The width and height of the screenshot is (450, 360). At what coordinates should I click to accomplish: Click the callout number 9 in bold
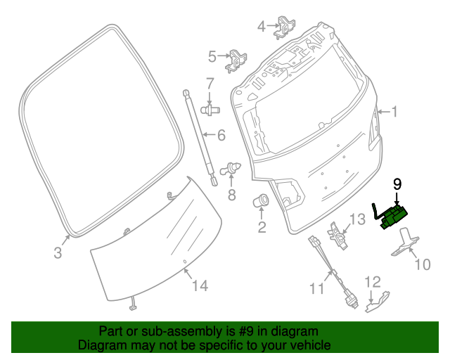point(397,184)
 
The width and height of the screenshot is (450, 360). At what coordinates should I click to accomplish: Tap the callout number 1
point(394,111)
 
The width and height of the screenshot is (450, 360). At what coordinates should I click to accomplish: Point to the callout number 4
point(262,27)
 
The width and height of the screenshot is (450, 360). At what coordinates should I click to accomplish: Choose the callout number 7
point(210,84)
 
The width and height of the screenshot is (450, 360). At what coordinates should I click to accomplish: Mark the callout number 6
point(220,135)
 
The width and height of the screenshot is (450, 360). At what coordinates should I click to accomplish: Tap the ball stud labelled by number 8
point(231,169)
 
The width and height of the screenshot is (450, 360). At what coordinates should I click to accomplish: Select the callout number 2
point(262,226)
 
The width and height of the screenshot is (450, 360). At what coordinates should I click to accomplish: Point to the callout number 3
point(58,251)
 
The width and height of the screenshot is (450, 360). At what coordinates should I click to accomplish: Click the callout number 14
point(200,285)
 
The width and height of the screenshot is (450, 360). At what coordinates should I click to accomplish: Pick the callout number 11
point(317,288)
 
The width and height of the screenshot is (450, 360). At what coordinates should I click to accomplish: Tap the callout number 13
point(357,219)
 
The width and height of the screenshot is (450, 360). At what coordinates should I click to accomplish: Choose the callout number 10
point(421,264)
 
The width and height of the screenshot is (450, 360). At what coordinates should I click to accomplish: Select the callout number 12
point(372,282)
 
